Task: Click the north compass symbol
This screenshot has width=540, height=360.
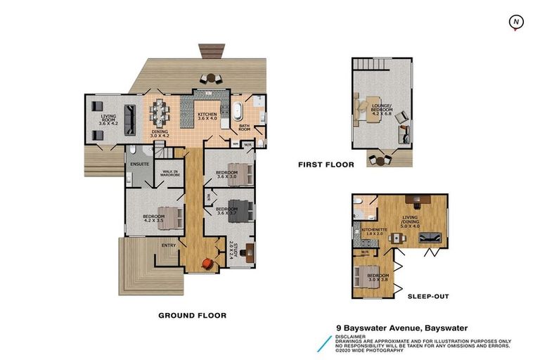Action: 516,22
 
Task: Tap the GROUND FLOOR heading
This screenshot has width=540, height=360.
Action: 193,316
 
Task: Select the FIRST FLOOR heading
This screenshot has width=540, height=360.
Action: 326,165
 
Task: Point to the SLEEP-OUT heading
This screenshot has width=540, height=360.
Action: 429,297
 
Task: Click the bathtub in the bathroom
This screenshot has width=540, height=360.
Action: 239,111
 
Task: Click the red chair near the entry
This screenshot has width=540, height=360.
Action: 207,264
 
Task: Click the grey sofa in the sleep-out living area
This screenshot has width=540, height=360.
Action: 430,239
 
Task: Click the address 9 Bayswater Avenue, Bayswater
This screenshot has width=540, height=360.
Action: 401,328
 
